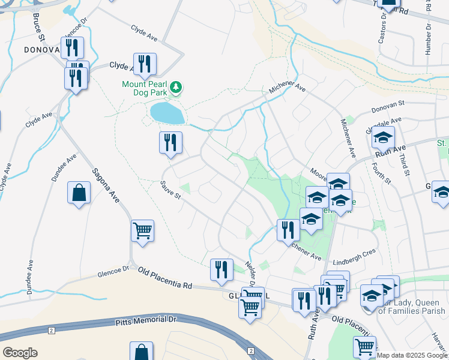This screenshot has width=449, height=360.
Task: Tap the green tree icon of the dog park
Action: click(176, 88)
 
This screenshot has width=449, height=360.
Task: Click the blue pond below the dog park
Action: click(167, 112)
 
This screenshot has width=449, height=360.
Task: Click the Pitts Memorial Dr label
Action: click(146, 322)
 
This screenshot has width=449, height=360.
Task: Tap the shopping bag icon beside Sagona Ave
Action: click(79, 193)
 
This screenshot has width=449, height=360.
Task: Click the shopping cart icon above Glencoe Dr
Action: click(142, 230)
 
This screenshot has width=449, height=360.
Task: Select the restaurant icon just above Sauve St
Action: click(170, 143)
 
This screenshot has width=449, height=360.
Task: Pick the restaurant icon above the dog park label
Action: click(145, 64)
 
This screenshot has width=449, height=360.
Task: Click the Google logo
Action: click(20, 353)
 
